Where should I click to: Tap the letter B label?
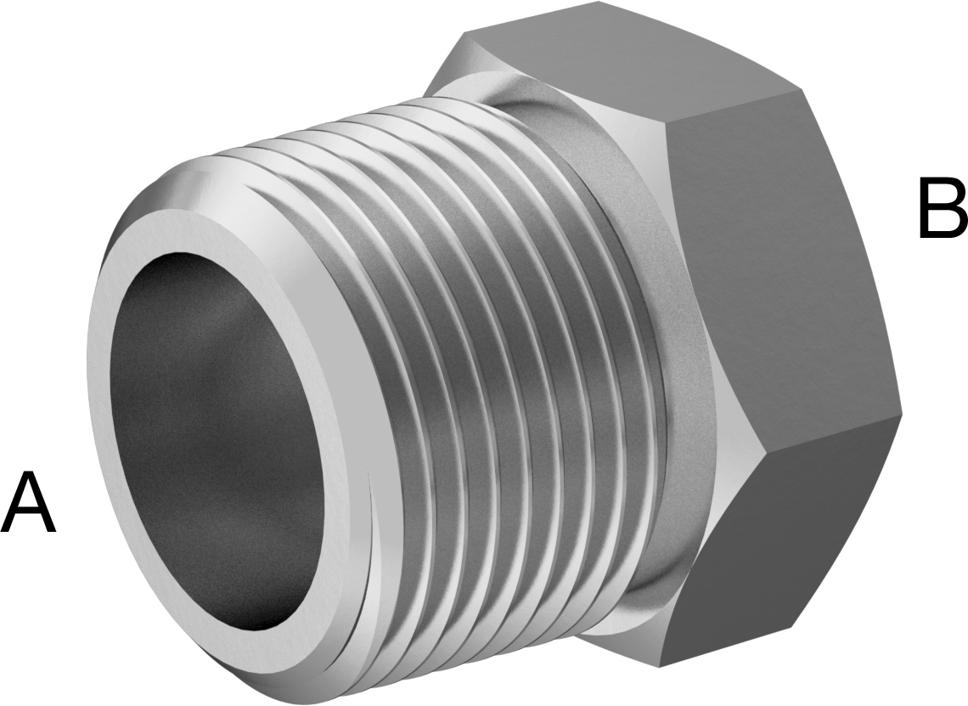943,207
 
